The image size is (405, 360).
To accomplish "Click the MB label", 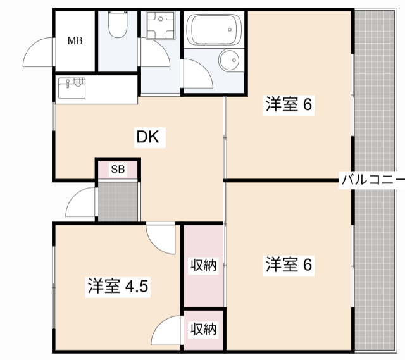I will (75, 42).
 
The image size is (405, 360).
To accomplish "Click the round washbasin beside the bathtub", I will (228, 61).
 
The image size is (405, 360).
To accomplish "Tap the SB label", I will (118, 169).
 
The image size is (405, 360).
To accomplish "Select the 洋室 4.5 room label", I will (118, 286).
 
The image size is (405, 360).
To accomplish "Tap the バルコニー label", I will (373, 179).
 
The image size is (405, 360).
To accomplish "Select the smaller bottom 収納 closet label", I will (204, 329).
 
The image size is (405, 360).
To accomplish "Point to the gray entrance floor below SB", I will (118, 201).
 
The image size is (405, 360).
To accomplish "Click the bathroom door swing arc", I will (197, 75).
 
